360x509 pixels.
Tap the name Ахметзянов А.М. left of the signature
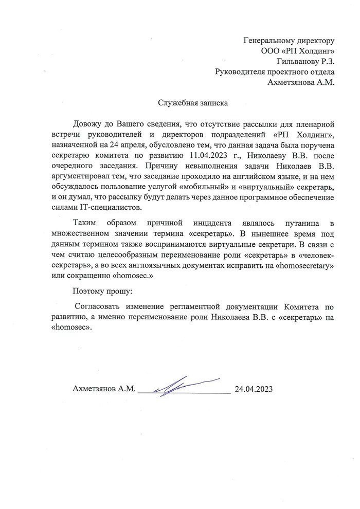click(104, 389)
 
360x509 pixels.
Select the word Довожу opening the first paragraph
click(87, 124)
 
